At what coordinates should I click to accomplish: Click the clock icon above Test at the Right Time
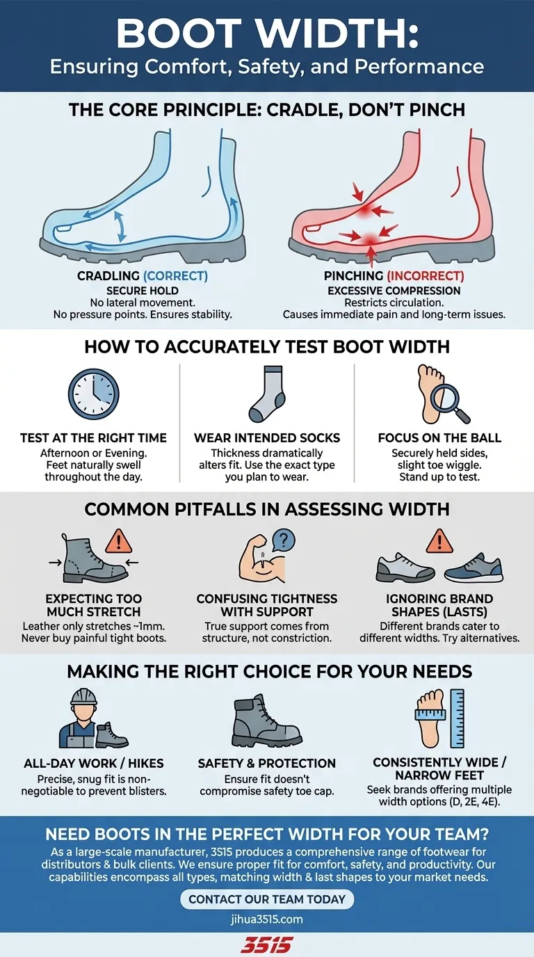(x=93, y=394)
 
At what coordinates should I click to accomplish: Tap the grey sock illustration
(x=266, y=394)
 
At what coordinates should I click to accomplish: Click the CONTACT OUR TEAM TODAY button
(x=267, y=899)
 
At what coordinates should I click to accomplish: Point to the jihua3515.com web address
(x=267, y=919)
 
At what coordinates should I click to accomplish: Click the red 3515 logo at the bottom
(x=267, y=944)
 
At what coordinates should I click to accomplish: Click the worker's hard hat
(x=83, y=697)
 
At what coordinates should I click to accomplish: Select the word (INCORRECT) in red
(x=424, y=276)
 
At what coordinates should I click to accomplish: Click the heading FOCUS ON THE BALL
(x=439, y=438)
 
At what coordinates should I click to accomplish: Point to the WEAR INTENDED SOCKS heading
(x=267, y=438)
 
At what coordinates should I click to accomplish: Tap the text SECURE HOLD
(x=143, y=290)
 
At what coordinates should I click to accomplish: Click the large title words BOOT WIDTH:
(x=267, y=33)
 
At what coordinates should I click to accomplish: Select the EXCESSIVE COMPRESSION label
(x=394, y=290)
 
